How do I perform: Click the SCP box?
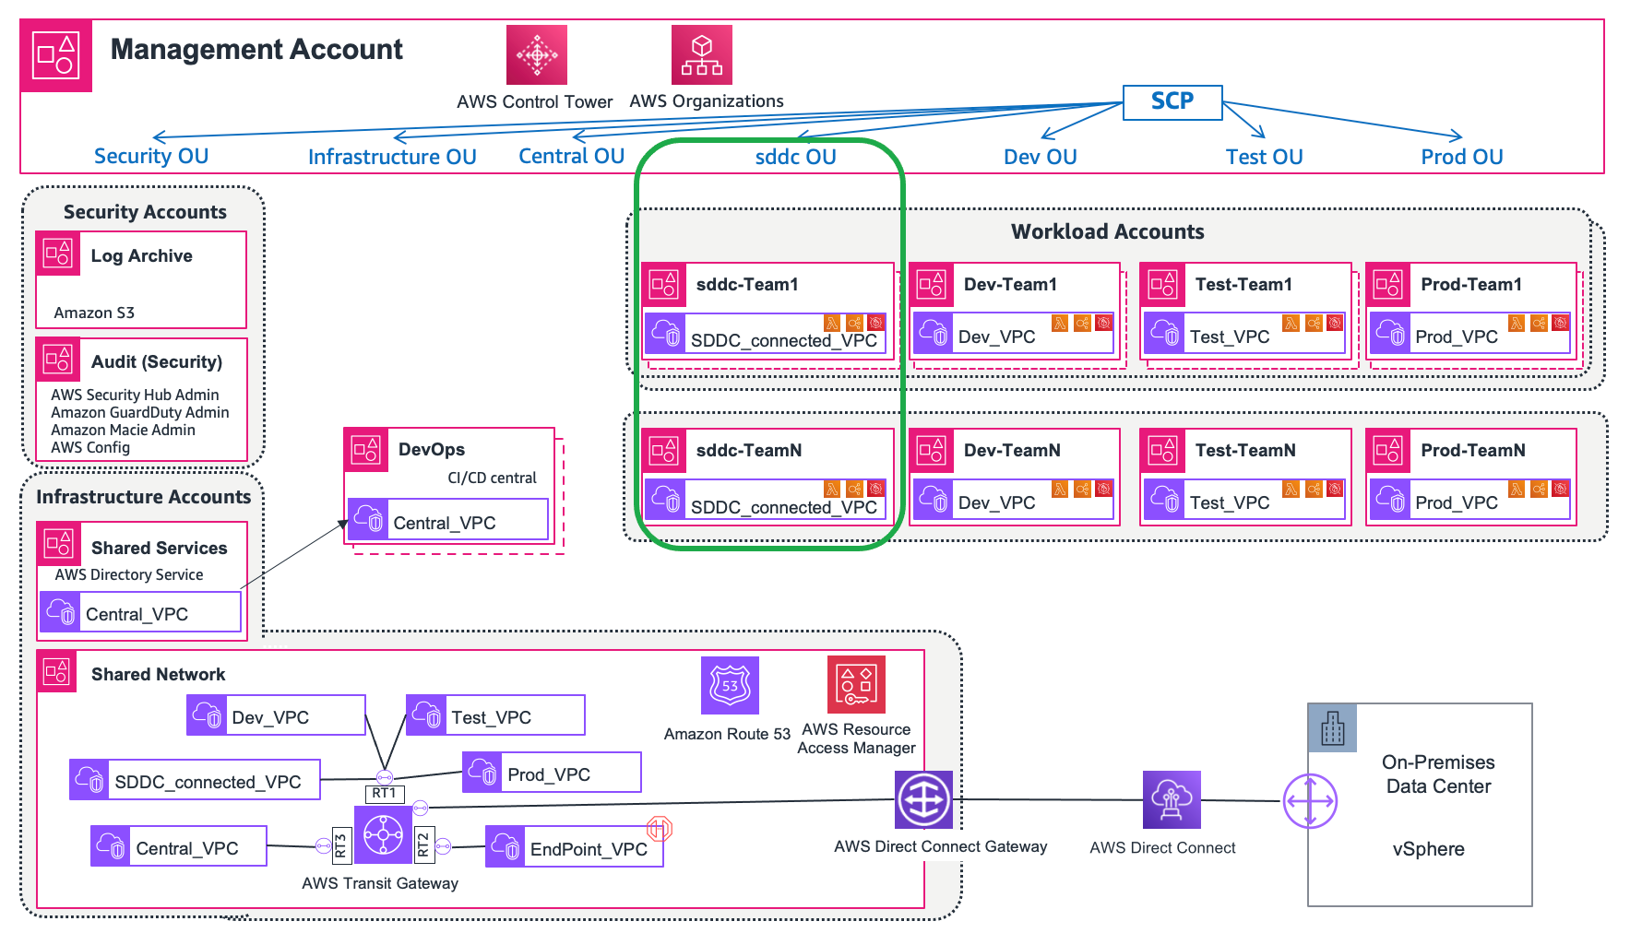1172,102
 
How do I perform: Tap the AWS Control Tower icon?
536,55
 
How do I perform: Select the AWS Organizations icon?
701,55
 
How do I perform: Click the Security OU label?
151,156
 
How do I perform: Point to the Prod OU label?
1461,157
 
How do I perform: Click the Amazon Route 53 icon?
730,686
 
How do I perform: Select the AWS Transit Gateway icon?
383,835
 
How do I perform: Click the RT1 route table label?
384,794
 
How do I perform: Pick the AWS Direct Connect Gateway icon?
923,800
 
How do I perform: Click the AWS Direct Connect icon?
1172,799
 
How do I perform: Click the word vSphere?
1428,849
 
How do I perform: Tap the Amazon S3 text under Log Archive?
94,313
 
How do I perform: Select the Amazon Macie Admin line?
123,430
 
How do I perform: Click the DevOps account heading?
431,449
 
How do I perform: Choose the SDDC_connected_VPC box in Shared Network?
195,781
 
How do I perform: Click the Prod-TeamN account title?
1472,450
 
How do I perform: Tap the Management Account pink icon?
56,55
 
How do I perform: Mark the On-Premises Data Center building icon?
1332,728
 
